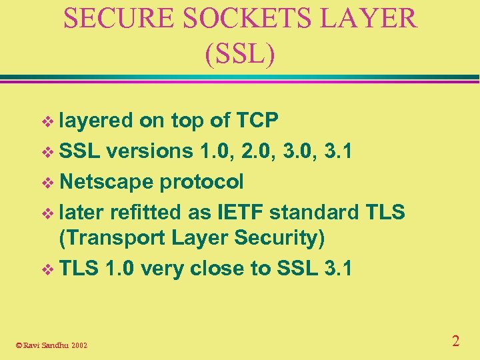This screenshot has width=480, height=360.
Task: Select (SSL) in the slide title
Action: [240, 54]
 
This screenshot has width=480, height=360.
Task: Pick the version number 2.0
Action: [277, 151]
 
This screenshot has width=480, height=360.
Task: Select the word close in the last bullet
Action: [223, 268]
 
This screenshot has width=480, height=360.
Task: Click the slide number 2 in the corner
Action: [455, 341]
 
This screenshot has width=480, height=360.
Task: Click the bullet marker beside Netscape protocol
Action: [46, 182]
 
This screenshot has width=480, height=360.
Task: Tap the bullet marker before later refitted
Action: [46, 213]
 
